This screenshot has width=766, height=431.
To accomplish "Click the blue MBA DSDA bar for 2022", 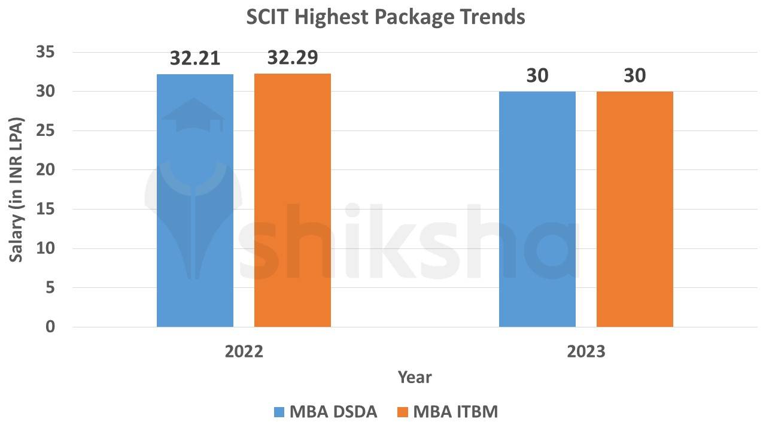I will tap(195, 201).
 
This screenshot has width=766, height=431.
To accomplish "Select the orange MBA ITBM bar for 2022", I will tap(293, 201).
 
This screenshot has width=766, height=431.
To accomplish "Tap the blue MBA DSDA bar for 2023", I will tap(537, 209).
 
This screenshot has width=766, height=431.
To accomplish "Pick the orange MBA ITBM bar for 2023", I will tap(635, 209).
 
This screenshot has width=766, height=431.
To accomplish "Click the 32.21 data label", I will tap(195, 59).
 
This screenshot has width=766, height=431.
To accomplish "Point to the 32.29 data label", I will tap(293, 57).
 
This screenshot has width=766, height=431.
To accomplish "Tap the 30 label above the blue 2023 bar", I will tap(537, 76).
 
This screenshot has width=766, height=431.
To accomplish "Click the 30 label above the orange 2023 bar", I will tap(635, 76).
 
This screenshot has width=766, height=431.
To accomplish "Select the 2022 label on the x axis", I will tap(244, 351).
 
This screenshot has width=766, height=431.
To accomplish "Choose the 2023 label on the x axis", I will tap(586, 351).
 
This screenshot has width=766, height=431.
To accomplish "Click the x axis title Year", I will tap(415, 377).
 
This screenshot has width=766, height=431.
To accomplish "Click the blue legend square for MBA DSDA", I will tap(279, 412).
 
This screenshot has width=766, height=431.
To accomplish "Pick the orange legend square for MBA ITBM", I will tap(403, 412).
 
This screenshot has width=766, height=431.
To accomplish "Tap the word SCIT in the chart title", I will tap(268, 17).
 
